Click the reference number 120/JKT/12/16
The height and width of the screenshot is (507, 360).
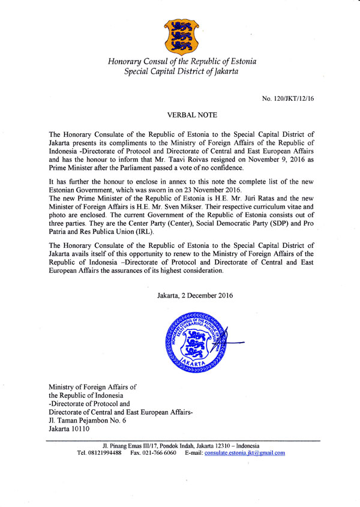(x=287, y=97)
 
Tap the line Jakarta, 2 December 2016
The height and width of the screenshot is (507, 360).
(x=194, y=296)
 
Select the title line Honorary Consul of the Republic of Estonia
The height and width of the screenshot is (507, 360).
(x=180, y=62)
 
